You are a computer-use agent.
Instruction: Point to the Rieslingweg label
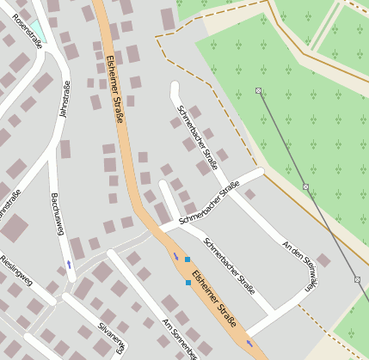click(x=15, y=269)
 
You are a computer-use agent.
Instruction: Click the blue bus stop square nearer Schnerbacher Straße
click(x=187, y=259)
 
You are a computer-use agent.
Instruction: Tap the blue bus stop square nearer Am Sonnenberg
click(x=188, y=282)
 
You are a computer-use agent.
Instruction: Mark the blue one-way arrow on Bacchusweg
click(x=69, y=265)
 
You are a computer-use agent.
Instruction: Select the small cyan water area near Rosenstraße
click(x=38, y=30)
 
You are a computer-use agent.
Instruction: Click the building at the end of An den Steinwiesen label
click(x=323, y=259)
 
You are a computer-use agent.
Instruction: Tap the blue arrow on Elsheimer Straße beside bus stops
click(x=176, y=256)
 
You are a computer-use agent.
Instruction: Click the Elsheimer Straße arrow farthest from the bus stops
click(x=249, y=343)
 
